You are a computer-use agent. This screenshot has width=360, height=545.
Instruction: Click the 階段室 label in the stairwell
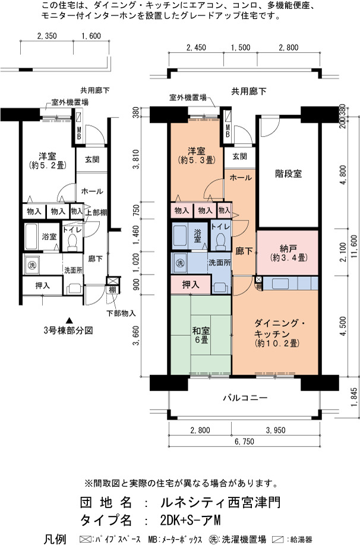[x=288, y=174]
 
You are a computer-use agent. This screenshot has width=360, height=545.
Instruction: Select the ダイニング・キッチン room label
[x=280, y=329]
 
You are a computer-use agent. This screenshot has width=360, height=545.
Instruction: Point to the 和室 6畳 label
[x=201, y=335]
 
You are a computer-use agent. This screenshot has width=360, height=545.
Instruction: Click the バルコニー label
[x=245, y=397]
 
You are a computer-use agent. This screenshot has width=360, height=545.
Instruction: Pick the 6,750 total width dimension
[x=244, y=442]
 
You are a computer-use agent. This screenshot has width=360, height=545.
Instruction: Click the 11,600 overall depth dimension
[x=353, y=247]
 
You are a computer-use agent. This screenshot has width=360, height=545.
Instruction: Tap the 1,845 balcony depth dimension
[x=353, y=397]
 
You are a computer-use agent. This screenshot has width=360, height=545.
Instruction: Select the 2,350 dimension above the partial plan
[x=46, y=36]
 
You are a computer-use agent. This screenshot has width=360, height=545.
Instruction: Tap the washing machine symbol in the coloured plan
[x=179, y=263]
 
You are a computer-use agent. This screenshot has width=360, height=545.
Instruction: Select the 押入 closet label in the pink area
[x=191, y=285]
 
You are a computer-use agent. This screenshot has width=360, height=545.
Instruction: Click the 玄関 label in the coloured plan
[x=239, y=156]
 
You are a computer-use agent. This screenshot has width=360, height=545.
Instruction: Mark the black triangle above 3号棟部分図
[x=70, y=320]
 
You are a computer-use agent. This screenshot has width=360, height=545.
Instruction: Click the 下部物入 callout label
[x=121, y=314]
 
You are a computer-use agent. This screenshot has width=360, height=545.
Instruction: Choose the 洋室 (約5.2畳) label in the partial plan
[x=48, y=160]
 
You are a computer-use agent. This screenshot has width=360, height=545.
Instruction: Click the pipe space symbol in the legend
[x=85, y=540]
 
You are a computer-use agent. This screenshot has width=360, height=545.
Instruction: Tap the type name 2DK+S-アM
[x=191, y=520]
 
